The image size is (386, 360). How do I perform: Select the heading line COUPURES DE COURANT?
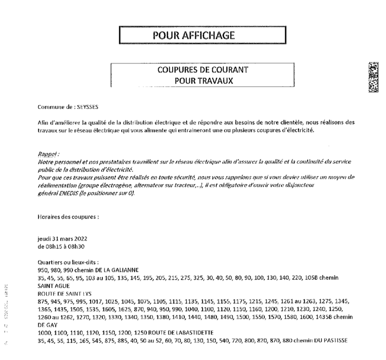tap(202, 70)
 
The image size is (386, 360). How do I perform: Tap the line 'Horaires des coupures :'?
tap(68, 218)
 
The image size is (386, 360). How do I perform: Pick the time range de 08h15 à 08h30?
tap(62, 247)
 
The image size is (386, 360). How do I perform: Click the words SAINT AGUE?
tap(52, 285)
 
